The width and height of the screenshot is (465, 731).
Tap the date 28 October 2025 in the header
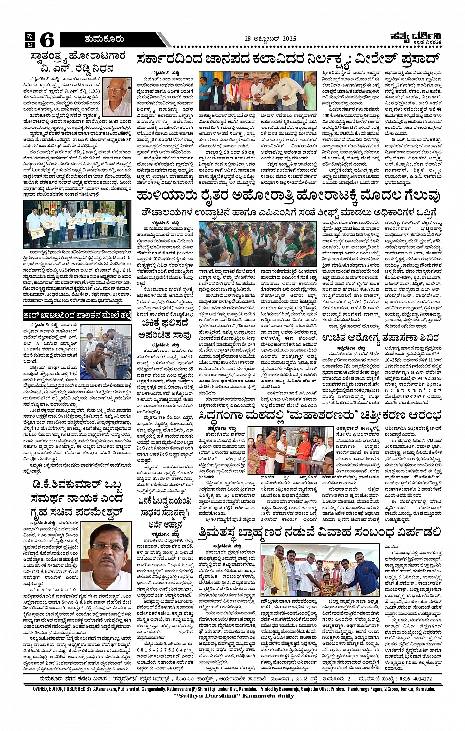point(274,39)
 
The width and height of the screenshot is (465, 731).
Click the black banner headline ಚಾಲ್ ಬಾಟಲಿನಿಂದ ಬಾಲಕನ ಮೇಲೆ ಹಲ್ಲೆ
point(77,315)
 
